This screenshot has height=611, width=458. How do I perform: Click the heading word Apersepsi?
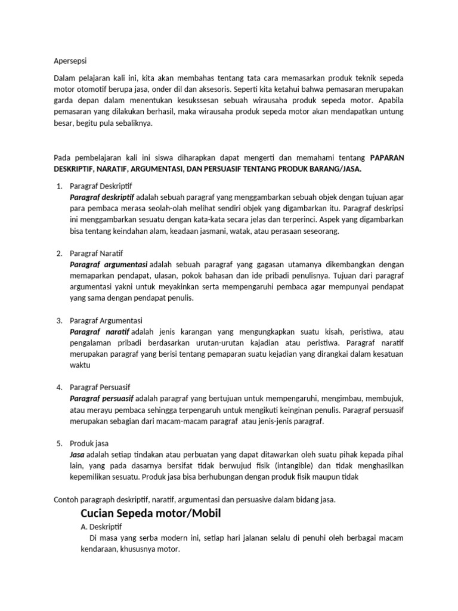(70, 60)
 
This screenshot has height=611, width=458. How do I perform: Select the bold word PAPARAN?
(387, 158)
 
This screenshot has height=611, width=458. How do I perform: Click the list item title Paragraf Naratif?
(98, 253)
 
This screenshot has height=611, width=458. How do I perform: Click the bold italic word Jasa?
(78, 455)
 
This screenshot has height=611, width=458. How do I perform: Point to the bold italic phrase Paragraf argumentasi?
(109, 264)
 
